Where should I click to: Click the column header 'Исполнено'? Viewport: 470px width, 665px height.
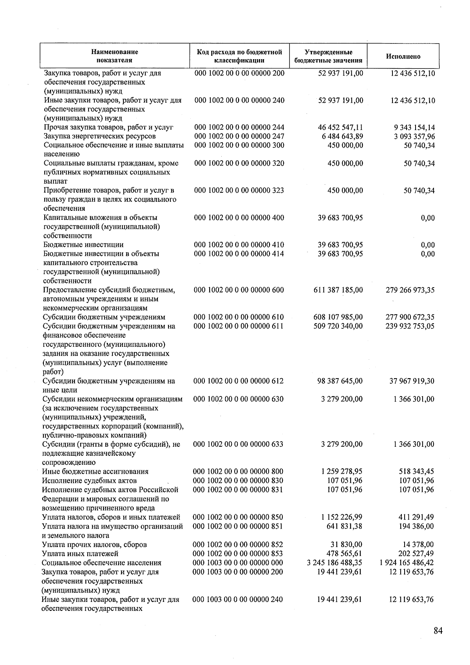[x=403, y=56]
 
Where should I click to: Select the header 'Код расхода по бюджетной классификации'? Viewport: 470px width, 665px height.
[x=239, y=56]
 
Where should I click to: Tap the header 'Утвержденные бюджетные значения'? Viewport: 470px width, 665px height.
[x=328, y=56]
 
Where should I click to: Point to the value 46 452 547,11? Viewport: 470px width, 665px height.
[x=340, y=127]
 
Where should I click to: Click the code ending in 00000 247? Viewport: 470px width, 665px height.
[x=239, y=136]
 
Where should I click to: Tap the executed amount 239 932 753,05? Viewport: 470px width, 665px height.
[x=410, y=326]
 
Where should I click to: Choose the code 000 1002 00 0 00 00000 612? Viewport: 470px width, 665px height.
[x=238, y=381]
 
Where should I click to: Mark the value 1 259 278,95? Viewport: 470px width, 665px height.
[x=342, y=471]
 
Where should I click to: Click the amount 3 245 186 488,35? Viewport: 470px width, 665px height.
[x=334, y=563]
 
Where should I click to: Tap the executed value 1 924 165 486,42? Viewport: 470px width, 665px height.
[x=407, y=563]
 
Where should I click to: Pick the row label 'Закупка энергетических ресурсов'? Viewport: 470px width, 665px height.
[x=99, y=136]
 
